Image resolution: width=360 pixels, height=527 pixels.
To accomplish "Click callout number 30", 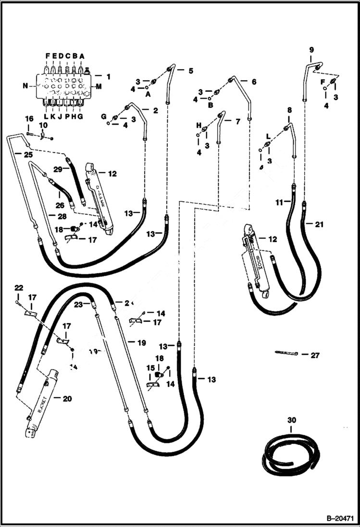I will click(292, 420).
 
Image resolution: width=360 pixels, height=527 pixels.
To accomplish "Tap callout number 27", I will click(315, 355).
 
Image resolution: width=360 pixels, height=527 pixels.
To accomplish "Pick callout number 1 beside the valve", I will click(108, 76).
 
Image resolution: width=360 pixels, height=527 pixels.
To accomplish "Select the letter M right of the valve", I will click(99, 87).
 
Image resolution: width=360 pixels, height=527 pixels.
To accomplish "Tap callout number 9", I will click(311, 49).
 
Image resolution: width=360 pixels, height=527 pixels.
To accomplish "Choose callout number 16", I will click(29, 118).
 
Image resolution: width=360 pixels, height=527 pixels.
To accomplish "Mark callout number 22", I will click(18, 288).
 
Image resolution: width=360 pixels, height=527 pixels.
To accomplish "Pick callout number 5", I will click(191, 71).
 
